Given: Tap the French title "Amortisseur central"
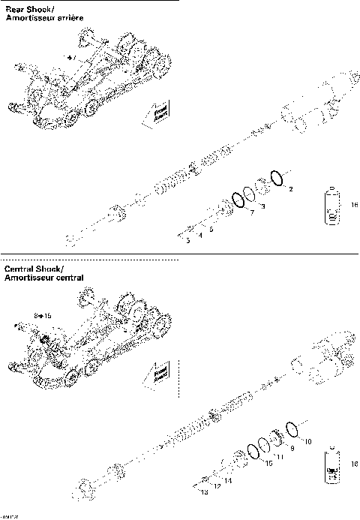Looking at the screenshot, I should pos(43,278).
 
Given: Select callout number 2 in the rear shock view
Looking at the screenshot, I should pos(291,188).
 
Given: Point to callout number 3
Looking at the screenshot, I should pos(262,206).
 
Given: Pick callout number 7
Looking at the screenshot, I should pos(252,214).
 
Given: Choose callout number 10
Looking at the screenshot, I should pos(307,441).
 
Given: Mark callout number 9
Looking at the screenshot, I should pos(292,446).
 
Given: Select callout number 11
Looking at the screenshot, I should pos(280,456).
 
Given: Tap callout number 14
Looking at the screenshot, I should pos(228,479).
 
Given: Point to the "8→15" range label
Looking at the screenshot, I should pos(43,316).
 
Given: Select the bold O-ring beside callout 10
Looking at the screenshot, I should pos(293,428).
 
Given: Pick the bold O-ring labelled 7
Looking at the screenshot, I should pos(239,200).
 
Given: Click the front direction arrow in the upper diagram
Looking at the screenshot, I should pos(154,113).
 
